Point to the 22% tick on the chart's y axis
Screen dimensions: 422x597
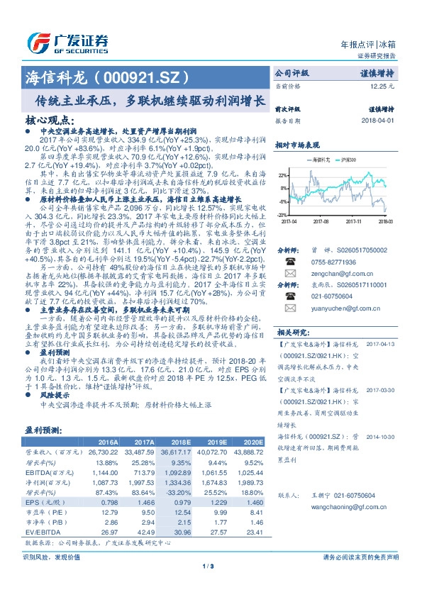click(x=283, y=174)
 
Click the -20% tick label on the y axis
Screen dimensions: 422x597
click(x=282, y=214)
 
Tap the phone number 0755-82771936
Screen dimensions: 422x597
click(x=332, y=262)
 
